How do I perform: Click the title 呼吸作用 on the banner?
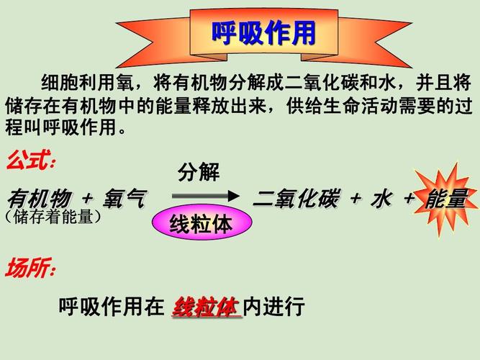(263, 33)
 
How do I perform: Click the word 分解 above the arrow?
(199, 173)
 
